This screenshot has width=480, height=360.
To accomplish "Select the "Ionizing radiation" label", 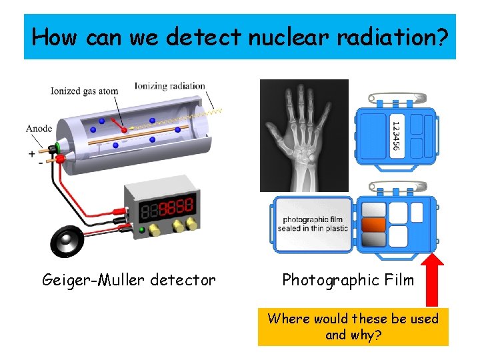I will [x=169, y=86].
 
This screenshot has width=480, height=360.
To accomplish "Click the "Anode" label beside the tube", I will [x=39, y=129].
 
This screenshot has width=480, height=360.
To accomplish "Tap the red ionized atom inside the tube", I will [x=125, y=129].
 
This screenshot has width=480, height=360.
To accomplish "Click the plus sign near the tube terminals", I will [x=31, y=153].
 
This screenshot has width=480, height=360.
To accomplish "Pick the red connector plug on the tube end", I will [x=61, y=159].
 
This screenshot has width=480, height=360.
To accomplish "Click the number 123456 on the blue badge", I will [x=395, y=135].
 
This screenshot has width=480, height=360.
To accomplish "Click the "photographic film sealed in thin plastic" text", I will [x=313, y=224].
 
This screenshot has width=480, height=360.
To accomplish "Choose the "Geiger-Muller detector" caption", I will [x=129, y=280].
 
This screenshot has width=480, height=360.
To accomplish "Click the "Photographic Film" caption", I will [x=348, y=280].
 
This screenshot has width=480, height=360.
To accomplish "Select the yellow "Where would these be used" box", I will [x=353, y=327].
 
